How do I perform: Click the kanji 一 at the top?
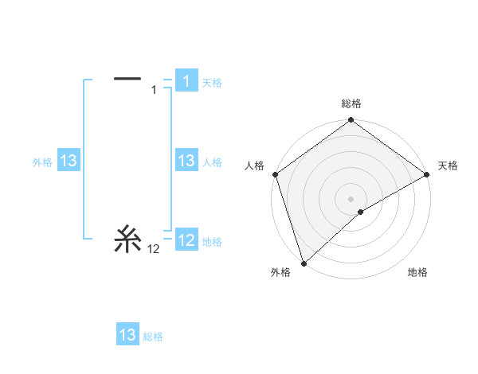tap(127, 79)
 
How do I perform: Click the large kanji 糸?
tap(127, 239)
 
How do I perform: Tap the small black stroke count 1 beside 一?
tap(154, 90)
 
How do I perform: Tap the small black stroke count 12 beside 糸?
tap(154, 249)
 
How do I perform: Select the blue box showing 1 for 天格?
tap(186, 81)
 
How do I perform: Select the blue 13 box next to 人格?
tap(186, 161)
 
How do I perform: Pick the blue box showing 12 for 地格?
tap(186, 240)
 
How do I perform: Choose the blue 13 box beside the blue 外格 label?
tap(68, 161)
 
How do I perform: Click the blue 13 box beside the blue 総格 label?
tap(127, 335)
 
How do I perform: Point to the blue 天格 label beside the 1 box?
tap(212, 83)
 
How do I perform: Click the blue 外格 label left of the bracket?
tap(42, 162)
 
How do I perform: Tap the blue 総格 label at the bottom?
tap(153, 337)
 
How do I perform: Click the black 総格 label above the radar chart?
tap(351, 103)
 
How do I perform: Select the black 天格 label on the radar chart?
tap(449, 166)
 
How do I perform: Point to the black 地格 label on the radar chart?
tap(417, 273)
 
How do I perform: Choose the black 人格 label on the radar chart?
tap(254, 166)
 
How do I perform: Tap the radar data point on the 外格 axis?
tap(303, 263)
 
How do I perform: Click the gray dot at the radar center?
tap(351, 198)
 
